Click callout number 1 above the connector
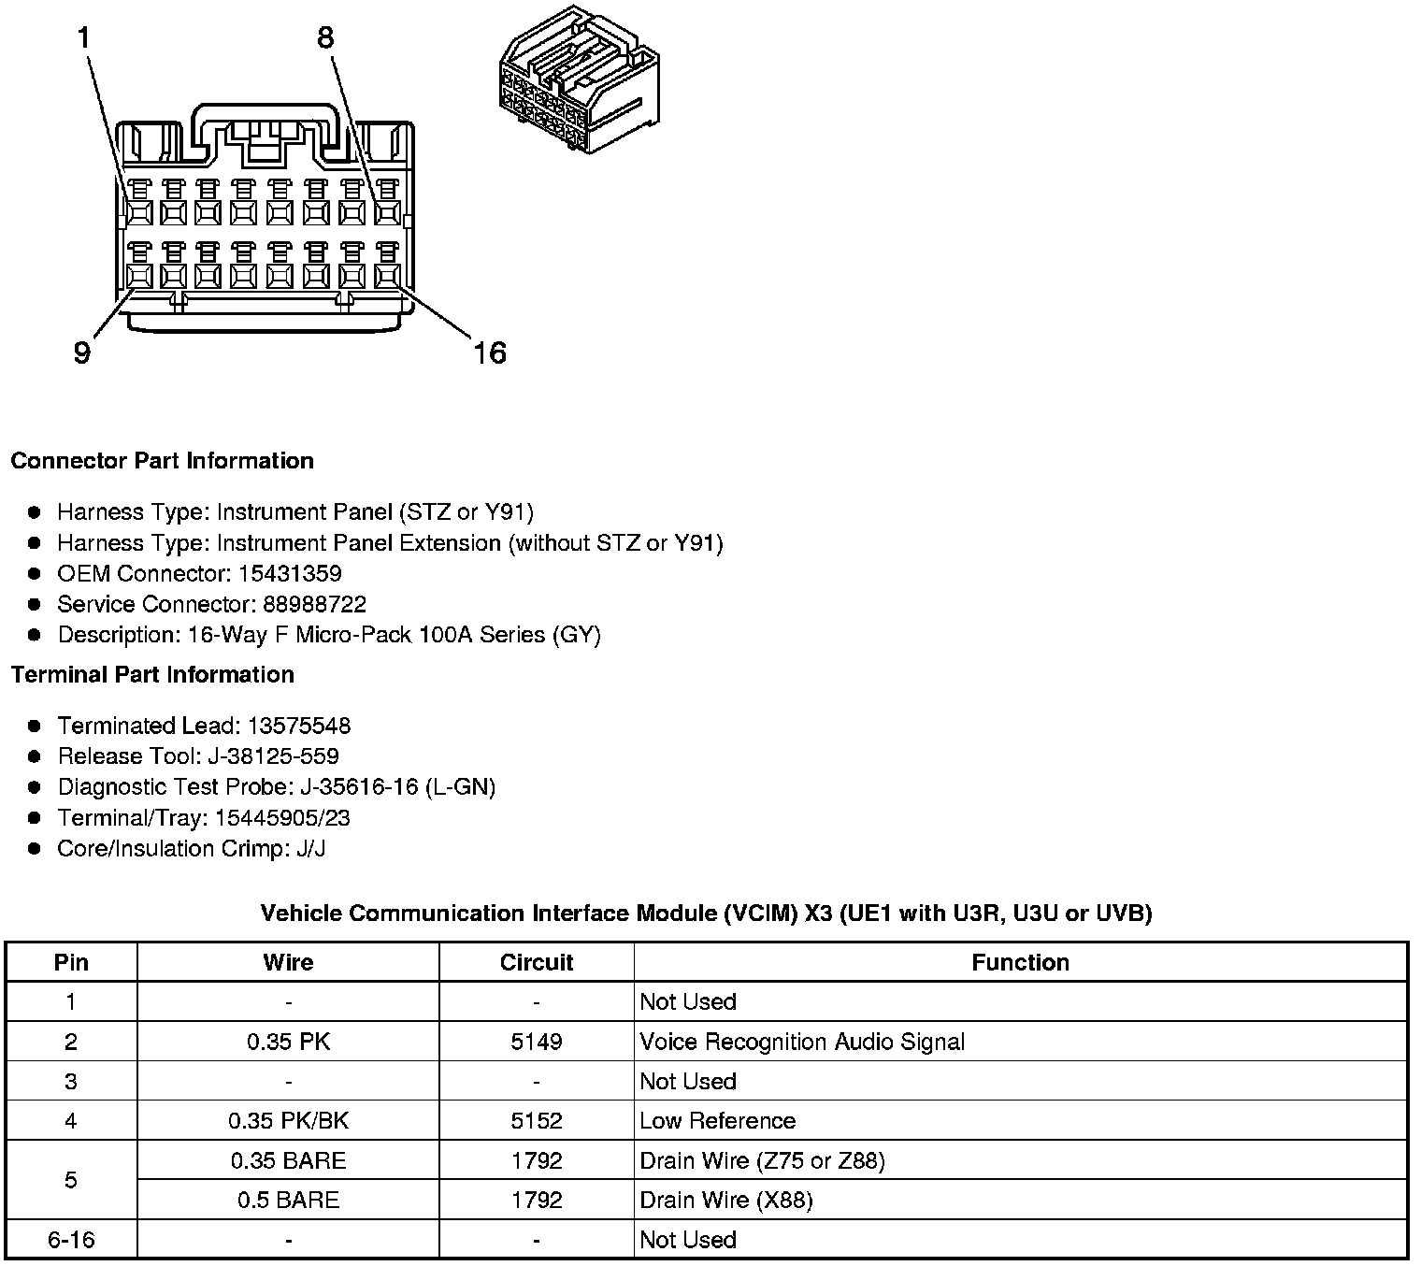(x=84, y=38)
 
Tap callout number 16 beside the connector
(x=489, y=353)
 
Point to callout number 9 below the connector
(x=82, y=353)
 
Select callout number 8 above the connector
(x=325, y=38)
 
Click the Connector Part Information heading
(x=162, y=461)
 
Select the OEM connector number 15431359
(x=290, y=573)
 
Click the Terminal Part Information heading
(x=152, y=675)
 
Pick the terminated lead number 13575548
(x=299, y=726)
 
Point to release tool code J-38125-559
(x=278, y=756)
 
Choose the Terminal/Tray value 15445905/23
(x=282, y=818)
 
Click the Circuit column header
(x=537, y=962)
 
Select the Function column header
(x=1020, y=962)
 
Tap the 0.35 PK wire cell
(x=288, y=1042)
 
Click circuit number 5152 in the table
(x=537, y=1121)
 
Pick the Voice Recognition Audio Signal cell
(x=802, y=1042)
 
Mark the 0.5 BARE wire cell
(x=288, y=1201)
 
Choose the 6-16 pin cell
(x=71, y=1240)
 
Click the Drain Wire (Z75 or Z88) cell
(x=762, y=1161)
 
